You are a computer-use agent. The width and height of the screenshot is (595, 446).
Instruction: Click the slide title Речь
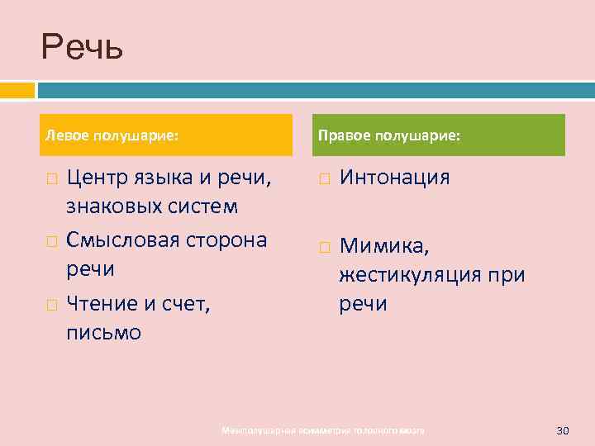point(83,47)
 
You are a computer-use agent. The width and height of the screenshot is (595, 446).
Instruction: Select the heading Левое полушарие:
point(112,135)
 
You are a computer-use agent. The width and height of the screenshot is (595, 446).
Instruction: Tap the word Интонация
point(394,178)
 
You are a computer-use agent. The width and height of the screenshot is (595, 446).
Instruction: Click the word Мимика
point(381,246)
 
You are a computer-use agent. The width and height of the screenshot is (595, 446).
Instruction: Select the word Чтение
point(103,305)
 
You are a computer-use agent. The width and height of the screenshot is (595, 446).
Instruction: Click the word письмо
point(104,333)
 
